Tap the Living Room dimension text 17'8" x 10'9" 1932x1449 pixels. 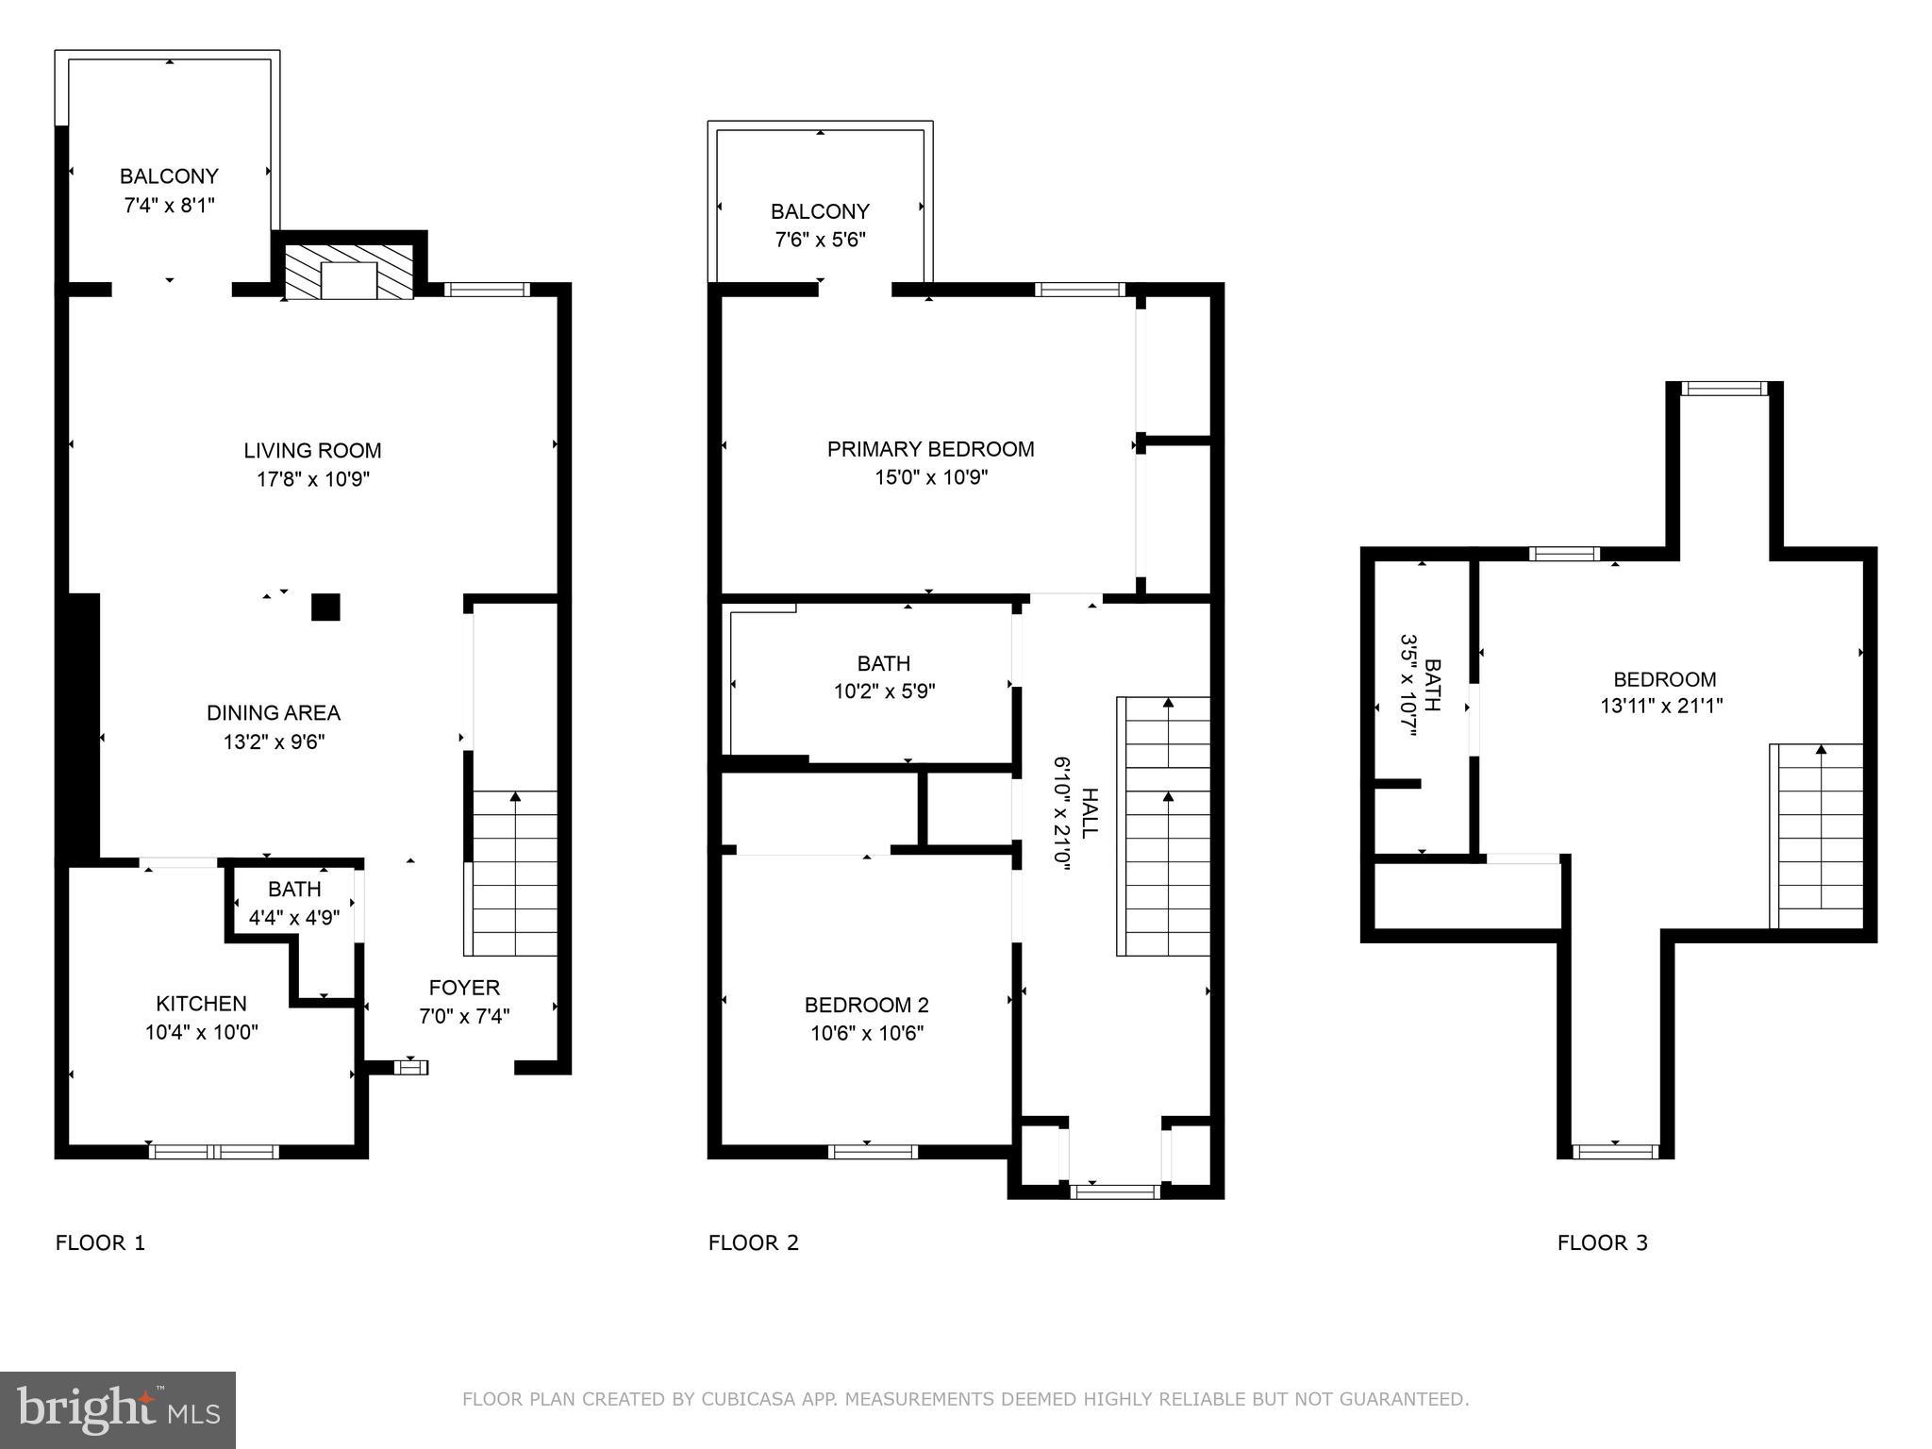(x=312, y=479)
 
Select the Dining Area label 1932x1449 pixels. (x=274, y=713)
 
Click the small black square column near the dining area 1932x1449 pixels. (x=325, y=607)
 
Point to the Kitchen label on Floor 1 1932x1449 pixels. (x=201, y=1004)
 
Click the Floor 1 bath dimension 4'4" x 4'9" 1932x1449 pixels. (x=294, y=917)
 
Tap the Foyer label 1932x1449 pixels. (x=464, y=988)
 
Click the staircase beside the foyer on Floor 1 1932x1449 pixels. (x=514, y=873)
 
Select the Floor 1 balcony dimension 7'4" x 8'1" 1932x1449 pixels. (x=169, y=205)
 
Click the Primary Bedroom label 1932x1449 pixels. (x=930, y=449)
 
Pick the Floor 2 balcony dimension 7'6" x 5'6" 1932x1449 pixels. (x=820, y=240)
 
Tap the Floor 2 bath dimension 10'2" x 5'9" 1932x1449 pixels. (x=884, y=691)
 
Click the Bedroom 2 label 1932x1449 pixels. (x=866, y=1005)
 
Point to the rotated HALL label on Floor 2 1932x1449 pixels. (x=1089, y=813)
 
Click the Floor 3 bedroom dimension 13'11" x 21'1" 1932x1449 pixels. (x=1661, y=706)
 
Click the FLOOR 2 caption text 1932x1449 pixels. (x=753, y=1242)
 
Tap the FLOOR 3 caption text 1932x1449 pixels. (x=1602, y=1242)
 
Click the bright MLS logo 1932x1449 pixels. (x=118, y=1409)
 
